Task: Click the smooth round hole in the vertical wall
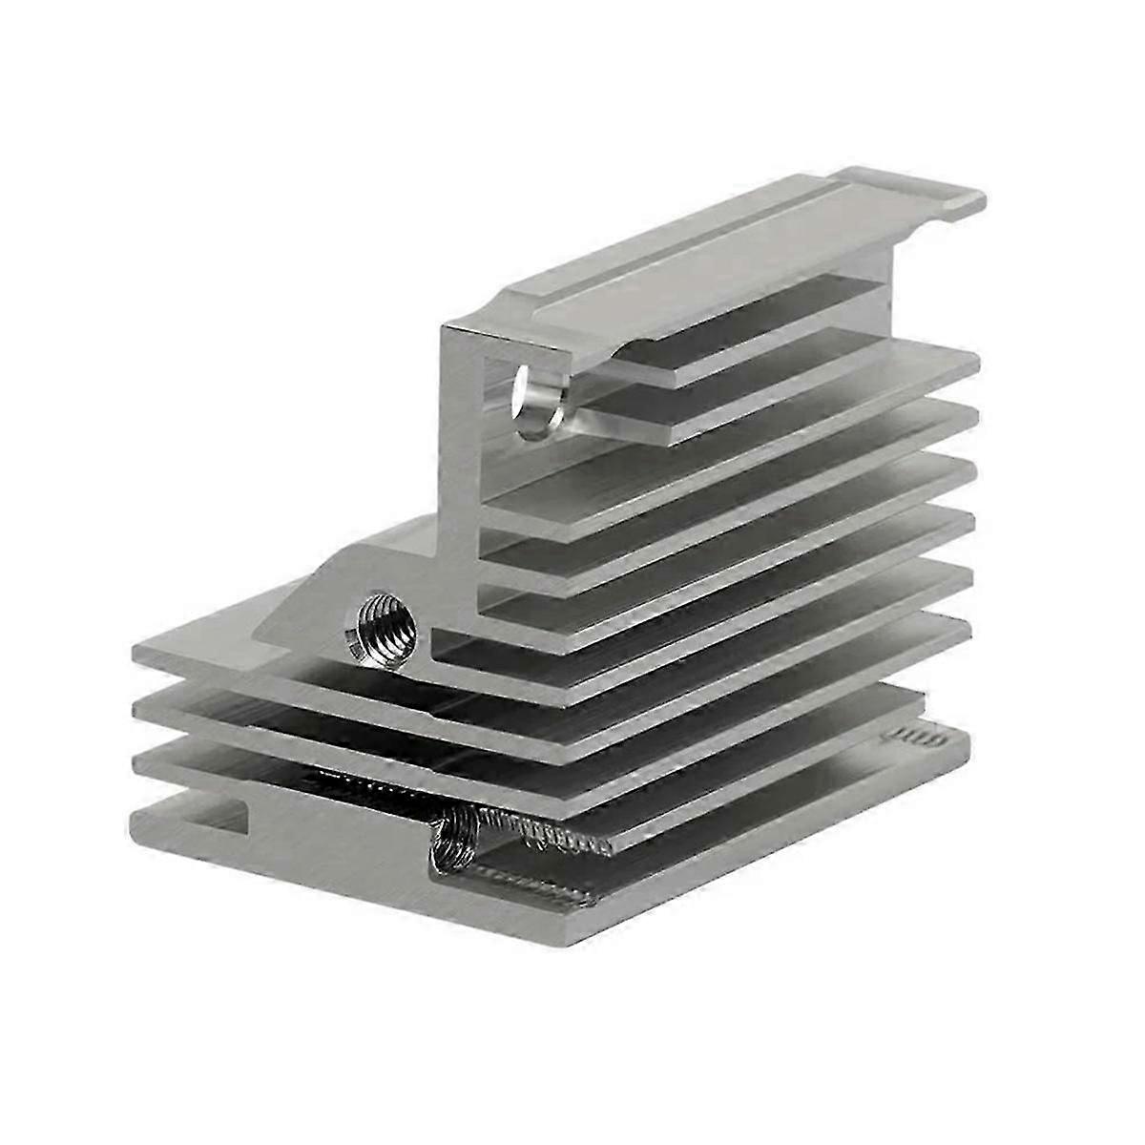(531, 401)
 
